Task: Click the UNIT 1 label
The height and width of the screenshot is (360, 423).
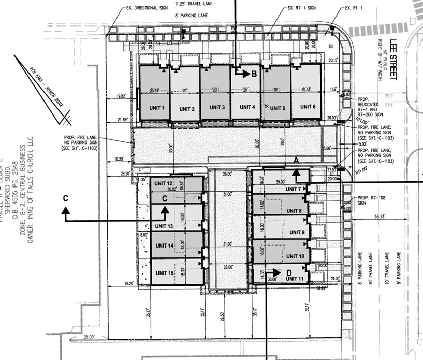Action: tap(156, 108)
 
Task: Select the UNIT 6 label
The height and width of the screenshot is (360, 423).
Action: tap(308, 107)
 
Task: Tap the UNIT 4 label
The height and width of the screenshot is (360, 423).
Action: tap(247, 107)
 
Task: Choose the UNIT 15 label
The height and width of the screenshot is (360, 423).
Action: tap(163, 273)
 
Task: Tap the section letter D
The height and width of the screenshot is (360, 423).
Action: tap(290, 272)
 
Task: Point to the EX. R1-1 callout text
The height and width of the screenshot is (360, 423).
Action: tap(356, 9)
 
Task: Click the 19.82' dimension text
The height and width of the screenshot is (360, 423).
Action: tap(121, 96)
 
